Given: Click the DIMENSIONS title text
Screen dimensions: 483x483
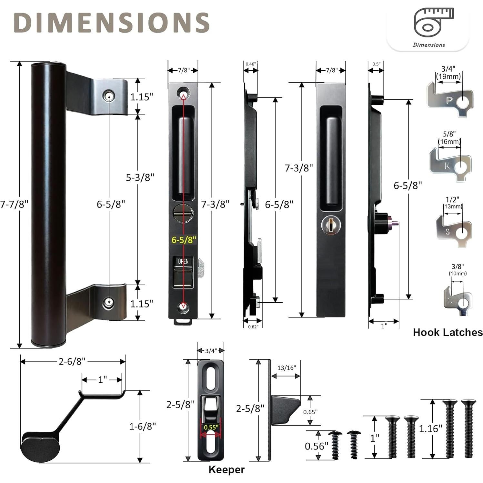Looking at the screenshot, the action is [x=112, y=23].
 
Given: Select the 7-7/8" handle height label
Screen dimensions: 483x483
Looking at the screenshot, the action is [x=14, y=204].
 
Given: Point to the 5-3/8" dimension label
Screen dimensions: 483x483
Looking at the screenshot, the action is [x=140, y=177].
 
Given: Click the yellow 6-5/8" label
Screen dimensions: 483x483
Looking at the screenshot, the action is [x=184, y=240].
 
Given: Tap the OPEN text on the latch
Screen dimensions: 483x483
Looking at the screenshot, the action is [x=183, y=261].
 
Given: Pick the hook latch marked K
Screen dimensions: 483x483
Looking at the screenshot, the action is [x=450, y=165].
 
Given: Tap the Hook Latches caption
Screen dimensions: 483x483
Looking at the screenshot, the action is [x=448, y=332].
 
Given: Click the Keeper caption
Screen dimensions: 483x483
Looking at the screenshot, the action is [x=226, y=469].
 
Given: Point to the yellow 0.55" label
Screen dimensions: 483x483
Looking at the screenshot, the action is [x=211, y=427].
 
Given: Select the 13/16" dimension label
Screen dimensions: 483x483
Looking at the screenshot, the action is [x=287, y=368].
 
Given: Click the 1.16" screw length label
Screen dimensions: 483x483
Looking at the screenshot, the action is [x=430, y=428].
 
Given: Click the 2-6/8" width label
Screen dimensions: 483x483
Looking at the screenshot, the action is [x=72, y=361].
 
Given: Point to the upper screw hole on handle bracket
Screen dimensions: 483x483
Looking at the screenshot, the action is [x=109, y=96].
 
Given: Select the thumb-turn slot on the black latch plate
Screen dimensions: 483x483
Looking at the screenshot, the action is [x=183, y=213].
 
